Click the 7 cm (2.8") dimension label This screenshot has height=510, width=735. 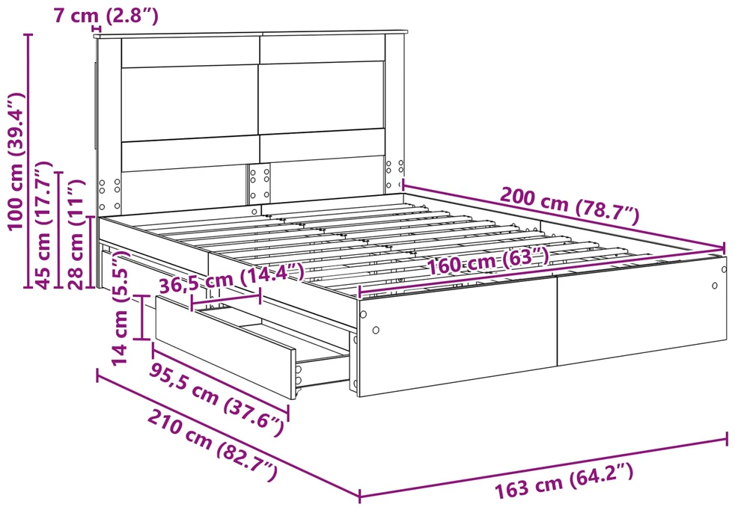pyautogui.click(x=106, y=16)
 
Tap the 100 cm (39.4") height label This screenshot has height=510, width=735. pyautogui.click(x=16, y=161)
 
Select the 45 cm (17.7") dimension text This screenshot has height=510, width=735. pyautogui.click(x=43, y=225)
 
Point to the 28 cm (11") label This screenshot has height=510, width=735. pyautogui.click(x=75, y=234)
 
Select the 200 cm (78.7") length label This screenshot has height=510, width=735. pyautogui.click(x=570, y=205)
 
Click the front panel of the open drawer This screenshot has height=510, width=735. pyautogui.click(x=225, y=345)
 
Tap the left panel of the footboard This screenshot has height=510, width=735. pyautogui.click(x=457, y=335)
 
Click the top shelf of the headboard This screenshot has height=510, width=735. pyautogui.click(x=250, y=33)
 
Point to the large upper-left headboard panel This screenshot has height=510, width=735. pyautogui.click(x=190, y=103)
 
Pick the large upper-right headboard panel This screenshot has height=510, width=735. pyautogui.click(x=322, y=98)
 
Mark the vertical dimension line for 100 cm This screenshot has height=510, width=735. pyautogui.click(x=29, y=161)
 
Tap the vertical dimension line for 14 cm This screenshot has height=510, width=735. pyautogui.click(x=142, y=317)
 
